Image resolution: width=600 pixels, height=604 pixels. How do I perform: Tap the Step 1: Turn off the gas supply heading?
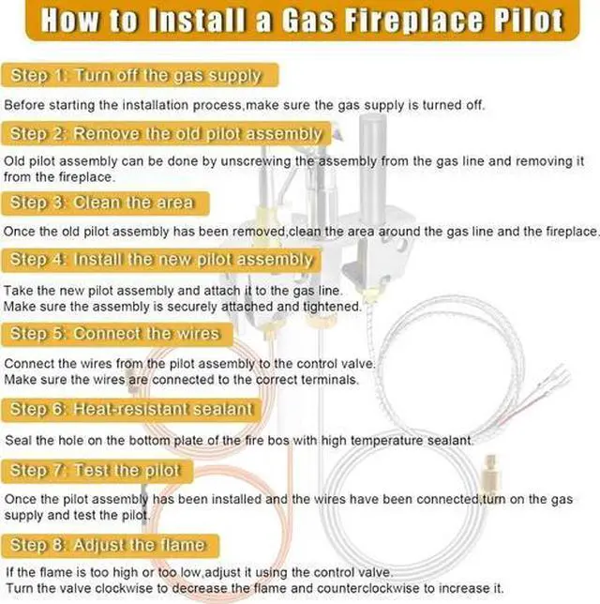pos(134,76)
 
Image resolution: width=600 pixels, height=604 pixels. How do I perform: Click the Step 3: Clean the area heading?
pos(102,203)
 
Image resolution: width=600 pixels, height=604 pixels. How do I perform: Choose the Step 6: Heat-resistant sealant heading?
pos(131,409)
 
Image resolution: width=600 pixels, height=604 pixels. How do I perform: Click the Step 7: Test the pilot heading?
pos(95,470)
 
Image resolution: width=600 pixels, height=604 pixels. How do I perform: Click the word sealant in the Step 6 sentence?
pos(448,440)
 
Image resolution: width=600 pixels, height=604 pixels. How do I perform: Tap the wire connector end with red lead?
pos(553,379)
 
